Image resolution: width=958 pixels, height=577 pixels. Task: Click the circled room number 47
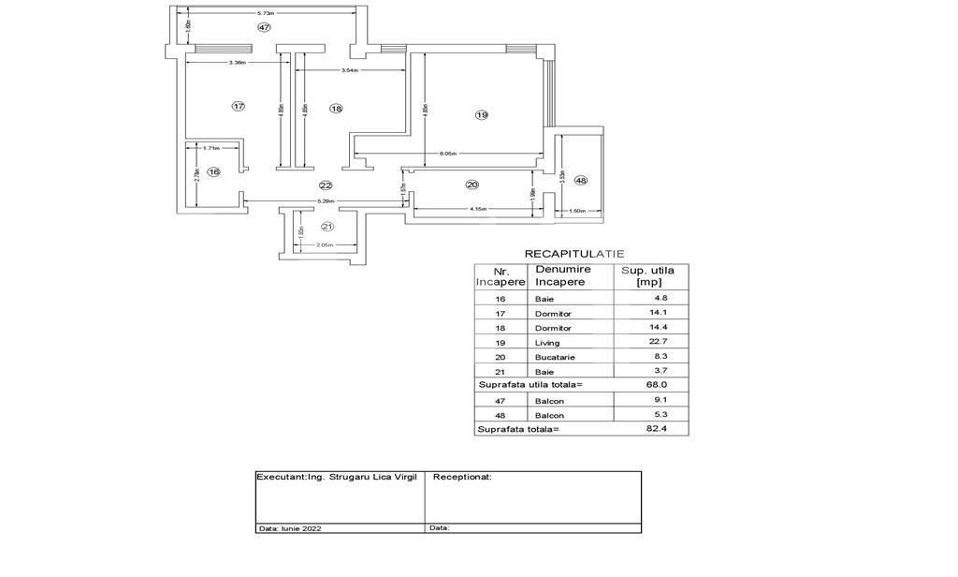(265, 28)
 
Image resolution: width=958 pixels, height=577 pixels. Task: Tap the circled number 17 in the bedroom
(239, 107)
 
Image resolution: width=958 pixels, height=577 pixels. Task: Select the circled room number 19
(481, 115)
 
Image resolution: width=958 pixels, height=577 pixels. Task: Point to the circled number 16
(214, 171)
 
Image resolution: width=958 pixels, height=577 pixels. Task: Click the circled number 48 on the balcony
(581, 180)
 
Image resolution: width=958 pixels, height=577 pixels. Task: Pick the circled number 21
(327, 227)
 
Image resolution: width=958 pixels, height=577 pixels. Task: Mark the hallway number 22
(326, 185)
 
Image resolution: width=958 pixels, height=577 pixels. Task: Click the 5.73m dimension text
(266, 13)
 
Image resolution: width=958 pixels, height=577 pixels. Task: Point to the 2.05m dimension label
(325, 245)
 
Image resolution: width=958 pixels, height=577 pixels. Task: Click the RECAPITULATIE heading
(573, 254)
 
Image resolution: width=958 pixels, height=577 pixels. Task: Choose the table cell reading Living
(547, 343)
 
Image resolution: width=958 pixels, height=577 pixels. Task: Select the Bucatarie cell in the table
(554, 357)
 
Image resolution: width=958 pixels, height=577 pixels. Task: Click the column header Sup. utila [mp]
(648, 275)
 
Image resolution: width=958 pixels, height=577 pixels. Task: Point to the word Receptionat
(462, 477)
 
